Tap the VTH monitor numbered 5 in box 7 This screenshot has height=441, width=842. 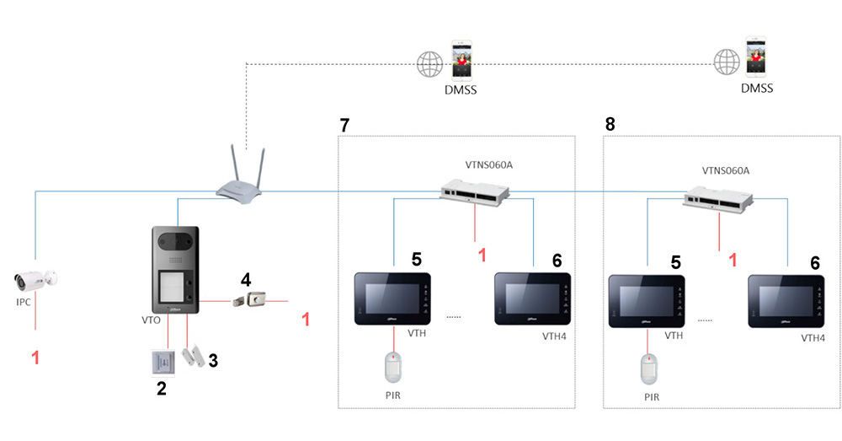392,298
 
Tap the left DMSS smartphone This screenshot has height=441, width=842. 460,60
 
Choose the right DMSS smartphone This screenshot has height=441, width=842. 755,59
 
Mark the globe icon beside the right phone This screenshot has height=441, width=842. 725,61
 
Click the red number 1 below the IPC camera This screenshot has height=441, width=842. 35,358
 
